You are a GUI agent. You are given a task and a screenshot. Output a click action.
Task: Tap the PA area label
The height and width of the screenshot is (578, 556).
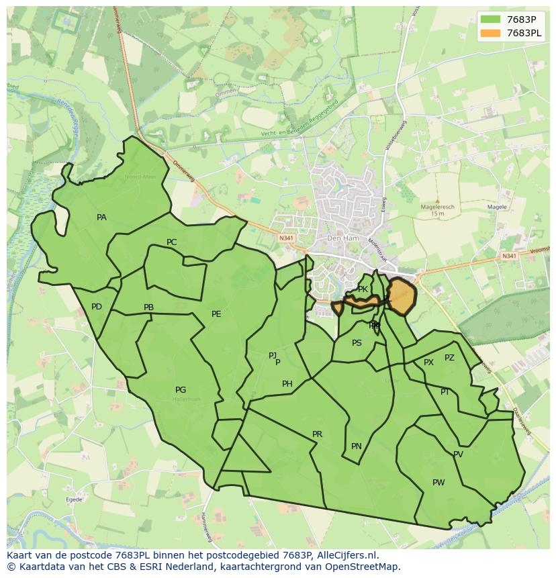101,218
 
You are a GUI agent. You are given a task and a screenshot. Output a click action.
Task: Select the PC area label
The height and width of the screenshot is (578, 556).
172,242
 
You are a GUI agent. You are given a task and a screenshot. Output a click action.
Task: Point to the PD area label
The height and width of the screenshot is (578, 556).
97,307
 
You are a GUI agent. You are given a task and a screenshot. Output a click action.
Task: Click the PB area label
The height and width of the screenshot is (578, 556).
148,307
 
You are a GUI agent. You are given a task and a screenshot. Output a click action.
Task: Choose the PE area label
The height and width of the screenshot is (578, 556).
216,314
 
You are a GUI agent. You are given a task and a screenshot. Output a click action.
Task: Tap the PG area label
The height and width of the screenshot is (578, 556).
181,390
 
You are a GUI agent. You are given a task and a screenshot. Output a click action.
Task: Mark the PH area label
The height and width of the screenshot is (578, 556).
287,384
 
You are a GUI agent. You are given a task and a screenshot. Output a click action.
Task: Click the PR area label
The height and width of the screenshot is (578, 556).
318,434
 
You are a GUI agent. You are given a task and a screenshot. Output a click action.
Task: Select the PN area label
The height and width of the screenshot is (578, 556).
357,446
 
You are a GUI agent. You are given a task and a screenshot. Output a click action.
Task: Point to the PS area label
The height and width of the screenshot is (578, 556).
357,342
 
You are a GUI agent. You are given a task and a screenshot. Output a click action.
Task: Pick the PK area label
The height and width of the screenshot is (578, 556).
363,289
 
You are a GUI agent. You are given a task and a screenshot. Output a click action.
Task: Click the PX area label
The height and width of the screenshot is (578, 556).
428,363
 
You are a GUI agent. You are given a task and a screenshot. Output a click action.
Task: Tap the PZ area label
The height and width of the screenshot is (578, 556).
449,358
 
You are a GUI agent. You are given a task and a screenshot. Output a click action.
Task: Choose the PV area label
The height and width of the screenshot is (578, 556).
458,454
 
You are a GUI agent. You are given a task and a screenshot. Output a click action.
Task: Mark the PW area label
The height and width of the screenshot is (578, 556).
438,483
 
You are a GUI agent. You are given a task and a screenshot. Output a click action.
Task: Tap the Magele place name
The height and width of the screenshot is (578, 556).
497,207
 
